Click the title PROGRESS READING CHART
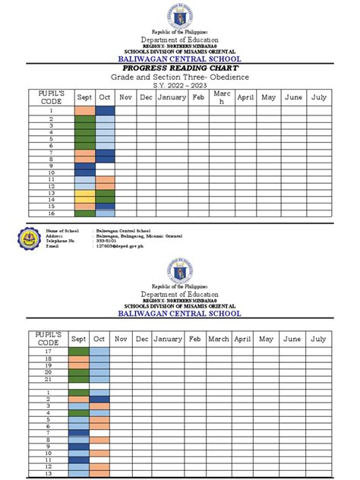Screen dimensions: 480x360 180,68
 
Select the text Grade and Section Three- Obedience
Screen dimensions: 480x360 180,77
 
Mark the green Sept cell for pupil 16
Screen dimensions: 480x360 84,213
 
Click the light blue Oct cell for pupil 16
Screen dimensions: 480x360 105,213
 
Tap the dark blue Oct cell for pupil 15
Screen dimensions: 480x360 105,206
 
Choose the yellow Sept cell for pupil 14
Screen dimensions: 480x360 84,199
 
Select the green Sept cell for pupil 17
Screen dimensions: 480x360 79,352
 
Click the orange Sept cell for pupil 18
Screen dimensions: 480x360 79,358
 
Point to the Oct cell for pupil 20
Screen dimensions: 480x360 99,372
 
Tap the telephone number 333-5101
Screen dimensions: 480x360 107,241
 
